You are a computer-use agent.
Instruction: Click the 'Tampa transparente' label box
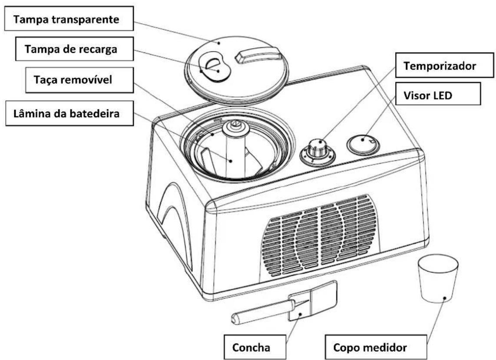(69, 19)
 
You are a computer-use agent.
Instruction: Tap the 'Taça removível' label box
(79, 80)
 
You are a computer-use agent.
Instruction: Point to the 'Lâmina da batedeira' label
(69, 113)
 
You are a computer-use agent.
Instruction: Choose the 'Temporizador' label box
(444, 65)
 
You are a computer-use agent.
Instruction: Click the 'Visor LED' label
(438, 94)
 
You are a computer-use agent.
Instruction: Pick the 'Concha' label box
(255, 347)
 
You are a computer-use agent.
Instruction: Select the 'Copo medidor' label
(376, 347)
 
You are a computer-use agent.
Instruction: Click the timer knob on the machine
(317, 152)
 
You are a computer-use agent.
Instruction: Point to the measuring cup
(438, 279)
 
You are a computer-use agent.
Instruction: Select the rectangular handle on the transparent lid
(258, 55)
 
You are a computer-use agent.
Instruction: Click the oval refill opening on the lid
(214, 67)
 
